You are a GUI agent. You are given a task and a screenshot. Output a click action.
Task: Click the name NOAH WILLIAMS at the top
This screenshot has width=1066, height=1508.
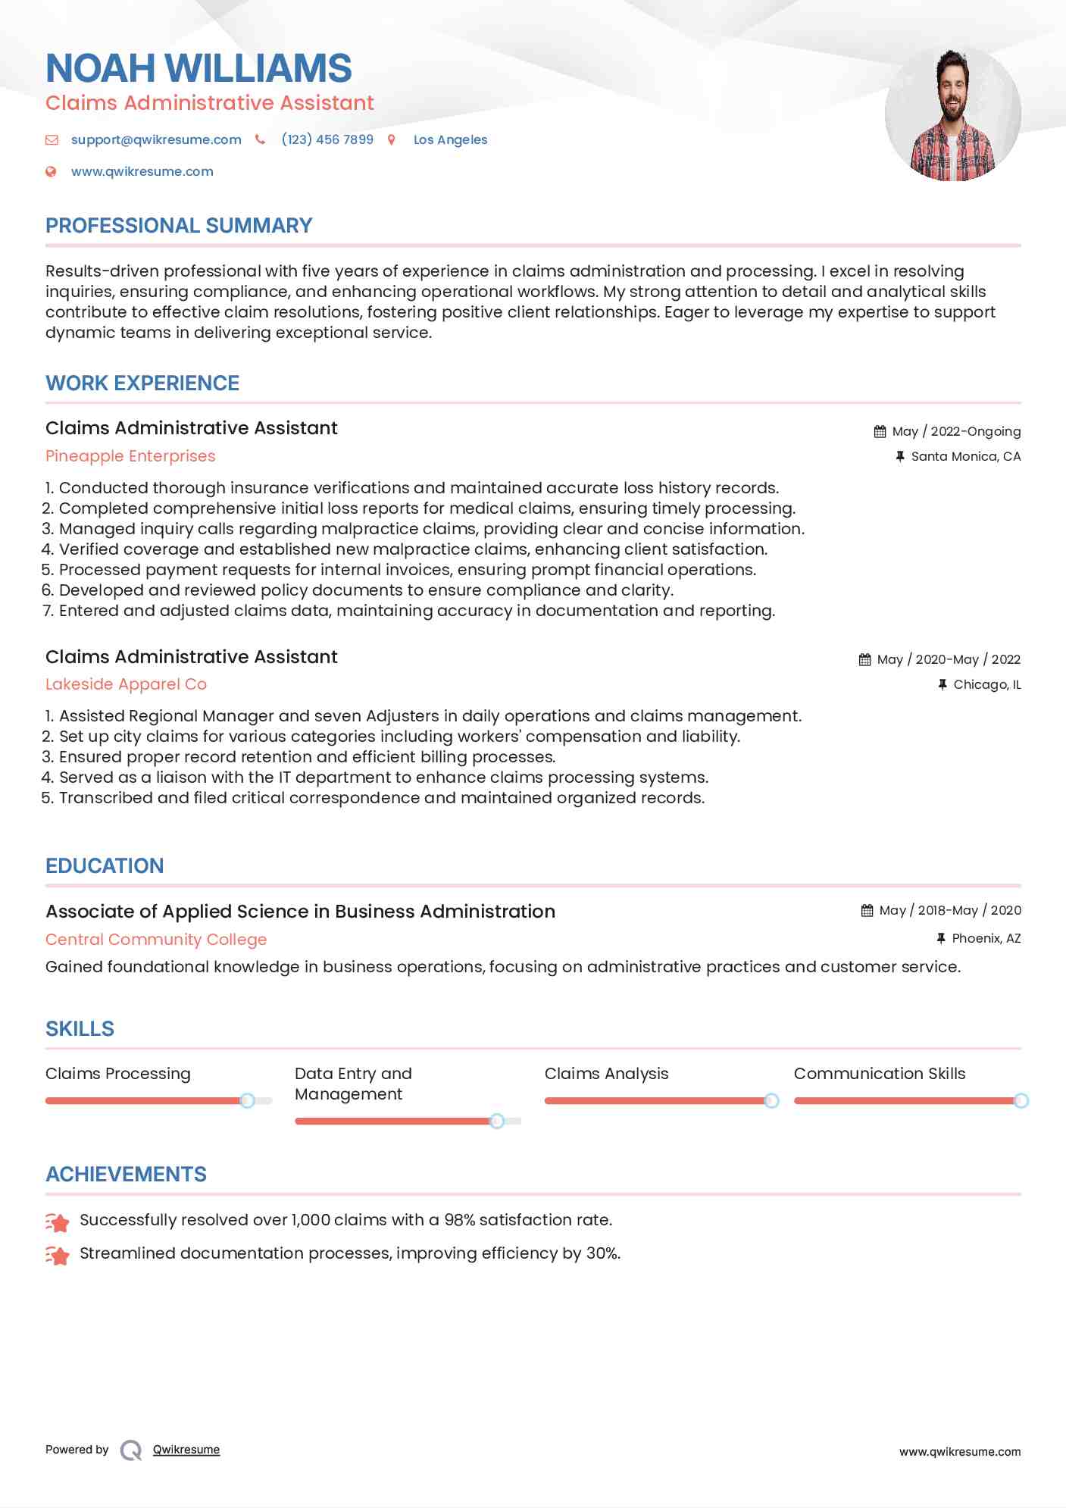point(199,68)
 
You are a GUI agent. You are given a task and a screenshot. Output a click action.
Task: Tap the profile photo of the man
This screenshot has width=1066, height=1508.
point(952,114)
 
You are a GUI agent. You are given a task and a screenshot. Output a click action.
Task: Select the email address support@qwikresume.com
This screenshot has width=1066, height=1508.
point(156,139)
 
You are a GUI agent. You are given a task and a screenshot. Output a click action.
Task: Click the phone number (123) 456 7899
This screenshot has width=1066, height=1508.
point(327,139)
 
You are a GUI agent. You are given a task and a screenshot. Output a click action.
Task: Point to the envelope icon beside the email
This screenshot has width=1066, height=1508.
point(52,139)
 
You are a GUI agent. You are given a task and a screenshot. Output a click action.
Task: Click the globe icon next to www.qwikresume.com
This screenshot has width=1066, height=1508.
point(51,171)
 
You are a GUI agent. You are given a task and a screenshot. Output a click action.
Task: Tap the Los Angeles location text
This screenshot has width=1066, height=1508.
point(450,139)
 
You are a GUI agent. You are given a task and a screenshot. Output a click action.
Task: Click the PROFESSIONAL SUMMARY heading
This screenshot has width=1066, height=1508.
point(179,226)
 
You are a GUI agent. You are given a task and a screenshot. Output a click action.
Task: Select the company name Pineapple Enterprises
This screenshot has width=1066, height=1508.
point(130,456)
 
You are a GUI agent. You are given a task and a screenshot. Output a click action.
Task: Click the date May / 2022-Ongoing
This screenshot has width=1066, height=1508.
point(956,431)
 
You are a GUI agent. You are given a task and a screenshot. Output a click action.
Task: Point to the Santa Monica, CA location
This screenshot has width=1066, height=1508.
point(965,456)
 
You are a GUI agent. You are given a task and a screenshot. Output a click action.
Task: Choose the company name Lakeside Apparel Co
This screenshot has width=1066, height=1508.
point(126,684)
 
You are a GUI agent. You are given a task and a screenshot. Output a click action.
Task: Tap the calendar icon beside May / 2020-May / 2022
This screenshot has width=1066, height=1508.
point(864,659)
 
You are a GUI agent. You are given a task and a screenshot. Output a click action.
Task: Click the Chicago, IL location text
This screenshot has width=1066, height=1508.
point(986,684)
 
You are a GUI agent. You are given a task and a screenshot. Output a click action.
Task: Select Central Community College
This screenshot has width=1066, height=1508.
point(156,940)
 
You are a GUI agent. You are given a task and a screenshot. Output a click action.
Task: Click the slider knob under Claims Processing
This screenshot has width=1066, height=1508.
point(247,1100)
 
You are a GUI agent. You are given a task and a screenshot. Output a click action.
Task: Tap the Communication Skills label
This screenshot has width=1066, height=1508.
point(880,1074)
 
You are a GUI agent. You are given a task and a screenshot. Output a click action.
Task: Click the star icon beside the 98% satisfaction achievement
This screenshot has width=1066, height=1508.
point(58,1222)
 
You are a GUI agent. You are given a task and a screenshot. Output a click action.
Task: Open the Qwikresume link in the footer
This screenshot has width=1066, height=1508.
point(186,1450)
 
